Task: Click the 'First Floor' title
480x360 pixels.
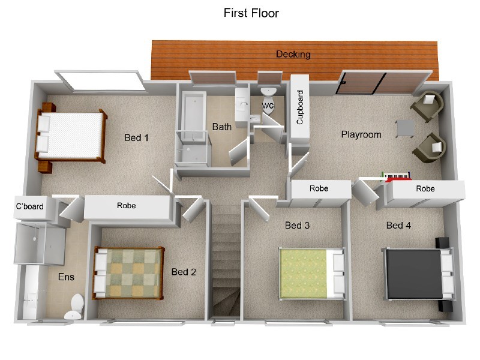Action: click(251, 13)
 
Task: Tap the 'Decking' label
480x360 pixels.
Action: click(293, 55)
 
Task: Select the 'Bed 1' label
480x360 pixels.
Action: click(136, 138)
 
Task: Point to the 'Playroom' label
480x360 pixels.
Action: click(361, 134)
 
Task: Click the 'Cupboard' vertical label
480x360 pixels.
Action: click(300, 107)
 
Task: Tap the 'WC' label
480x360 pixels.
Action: click(268, 106)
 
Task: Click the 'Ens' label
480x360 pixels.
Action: click(65, 277)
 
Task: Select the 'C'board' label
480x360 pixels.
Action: click(29, 207)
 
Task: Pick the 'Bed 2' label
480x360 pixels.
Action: click(184, 272)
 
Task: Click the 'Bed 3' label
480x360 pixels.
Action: click(297, 226)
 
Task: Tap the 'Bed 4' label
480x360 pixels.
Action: click(398, 226)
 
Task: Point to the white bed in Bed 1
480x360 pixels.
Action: click(71, 135)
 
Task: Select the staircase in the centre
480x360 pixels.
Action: click(226, 264)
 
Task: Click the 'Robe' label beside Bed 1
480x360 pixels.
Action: click(126, 206)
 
